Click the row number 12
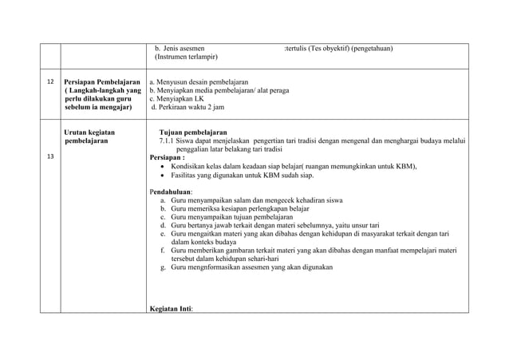pos(49,83)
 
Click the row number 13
pos(49,156)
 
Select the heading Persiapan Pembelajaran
pos(102,82)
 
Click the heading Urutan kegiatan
pos(89,132)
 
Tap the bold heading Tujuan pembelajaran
pos(193,132)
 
